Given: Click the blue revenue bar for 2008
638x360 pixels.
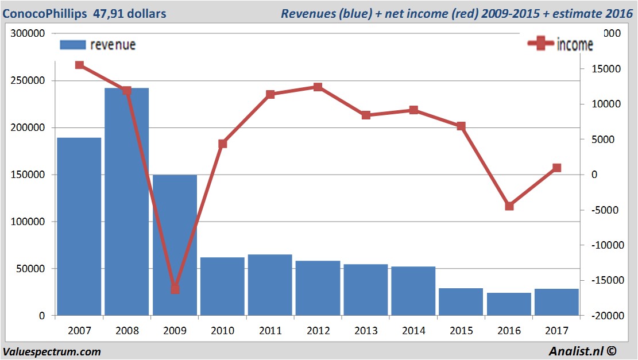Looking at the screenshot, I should coord(126,201).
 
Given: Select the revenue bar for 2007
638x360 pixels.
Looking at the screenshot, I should coord(79,226).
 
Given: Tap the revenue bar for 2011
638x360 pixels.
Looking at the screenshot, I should coord(270,285).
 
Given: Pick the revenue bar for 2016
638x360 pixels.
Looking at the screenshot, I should coord(509,304).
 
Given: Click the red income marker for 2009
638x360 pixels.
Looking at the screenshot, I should coord(175,289).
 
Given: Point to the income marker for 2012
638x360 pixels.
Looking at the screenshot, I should coord(318,87).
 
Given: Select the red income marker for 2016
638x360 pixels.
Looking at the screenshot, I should coord(509,206).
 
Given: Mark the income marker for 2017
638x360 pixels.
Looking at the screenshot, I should coord(556,168).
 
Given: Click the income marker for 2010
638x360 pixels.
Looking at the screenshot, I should coord(222,144).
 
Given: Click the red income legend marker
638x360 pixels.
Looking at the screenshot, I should coord(540,44).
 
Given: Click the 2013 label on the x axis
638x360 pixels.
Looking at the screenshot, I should coord(366,331).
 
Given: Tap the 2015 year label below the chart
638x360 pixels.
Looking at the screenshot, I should coord(461,331).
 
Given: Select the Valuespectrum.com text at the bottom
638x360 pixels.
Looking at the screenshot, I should coord(52,351).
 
